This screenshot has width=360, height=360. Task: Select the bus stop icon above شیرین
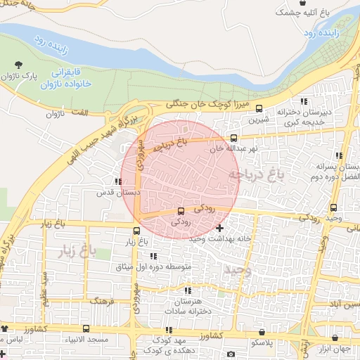pos(259,109)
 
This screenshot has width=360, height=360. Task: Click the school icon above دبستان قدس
pos(117,182)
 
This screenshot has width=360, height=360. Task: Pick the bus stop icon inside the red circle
pos(181,210)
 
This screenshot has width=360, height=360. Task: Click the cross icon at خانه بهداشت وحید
pos(220,228)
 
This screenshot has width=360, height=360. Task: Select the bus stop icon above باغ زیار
pos(136,230)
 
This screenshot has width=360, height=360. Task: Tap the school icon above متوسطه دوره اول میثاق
pos(153,256)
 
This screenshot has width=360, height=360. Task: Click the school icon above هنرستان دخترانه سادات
pos(188,290)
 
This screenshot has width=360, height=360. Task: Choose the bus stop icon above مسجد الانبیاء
pos(86,328)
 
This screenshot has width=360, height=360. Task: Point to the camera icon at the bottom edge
pos(231,354)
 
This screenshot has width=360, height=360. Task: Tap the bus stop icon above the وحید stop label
pos(333,207)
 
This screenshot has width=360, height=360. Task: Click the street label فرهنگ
pos(103,300)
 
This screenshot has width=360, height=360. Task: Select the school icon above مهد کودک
pos(169,330)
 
